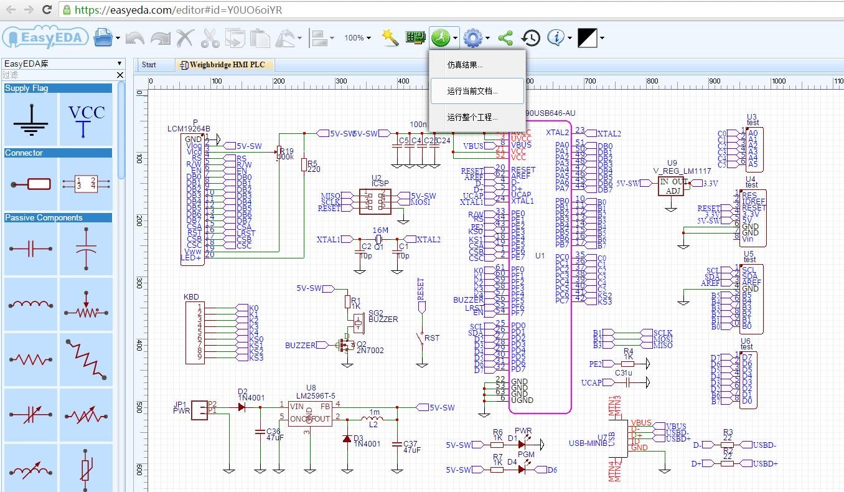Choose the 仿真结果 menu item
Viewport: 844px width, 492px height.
(x=465, y=65)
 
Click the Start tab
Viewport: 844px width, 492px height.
(x=149, y=65)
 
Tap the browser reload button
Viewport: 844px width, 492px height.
(x=47, y=9)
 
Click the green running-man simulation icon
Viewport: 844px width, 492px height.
(x=440, y=38)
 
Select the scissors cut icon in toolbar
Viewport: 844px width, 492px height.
(x=210, y=38)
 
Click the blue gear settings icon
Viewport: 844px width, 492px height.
(x=473, y=39)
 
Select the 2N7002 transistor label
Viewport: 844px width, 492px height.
(x=370, y=351)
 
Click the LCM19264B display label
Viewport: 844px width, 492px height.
(x=189, y=129)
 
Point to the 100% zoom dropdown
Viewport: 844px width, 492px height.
(x=357, y=38)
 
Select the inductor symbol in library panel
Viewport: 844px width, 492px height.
(x=30, y=305)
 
